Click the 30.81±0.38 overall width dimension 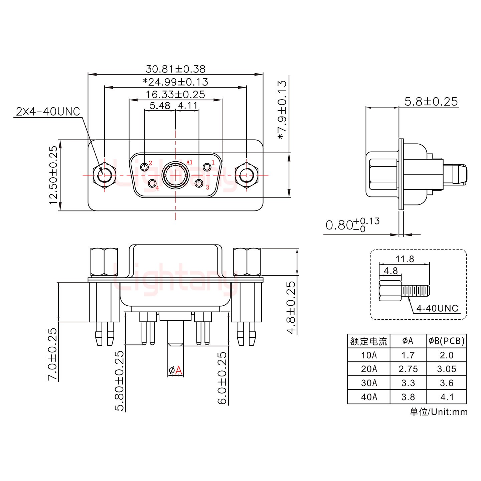[175, 69]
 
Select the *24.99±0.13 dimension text [175, 82]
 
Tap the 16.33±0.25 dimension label [175, 95]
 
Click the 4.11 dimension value [188, 106]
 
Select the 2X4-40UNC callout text [48, 112]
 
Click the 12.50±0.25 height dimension [53, 175]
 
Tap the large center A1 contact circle [176, 175]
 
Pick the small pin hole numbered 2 [145, 167]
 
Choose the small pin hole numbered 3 [199, 183]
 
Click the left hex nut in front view [105, 175]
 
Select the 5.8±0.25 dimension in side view [431, 101]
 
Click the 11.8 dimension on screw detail [405, 259]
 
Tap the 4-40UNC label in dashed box [437, 308]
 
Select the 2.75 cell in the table [408, 369]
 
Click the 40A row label [369, 397]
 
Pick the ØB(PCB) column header [446, 341]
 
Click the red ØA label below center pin [176, 370]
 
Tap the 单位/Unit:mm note [439, 412]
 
